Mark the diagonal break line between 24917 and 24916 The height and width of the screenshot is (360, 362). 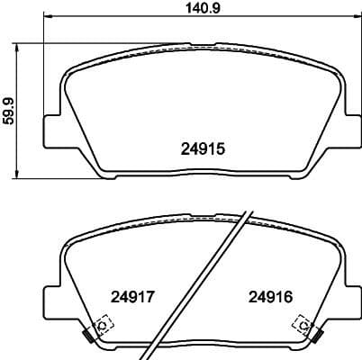203,279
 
